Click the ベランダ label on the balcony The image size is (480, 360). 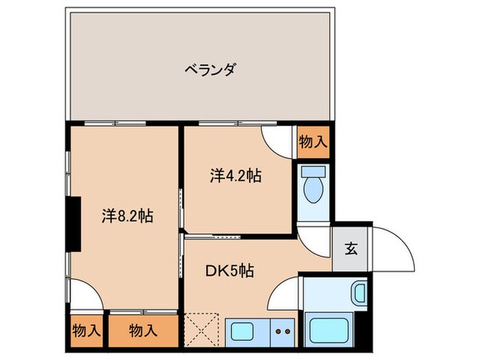pyautogui.click(x=210, y=69)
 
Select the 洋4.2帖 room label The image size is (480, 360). pyautogui.click(x=235, y=176)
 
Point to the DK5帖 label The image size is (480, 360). pyautogui.click(x=229, y=270)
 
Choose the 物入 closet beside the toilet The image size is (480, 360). pyautogui.click(x=313, y=142)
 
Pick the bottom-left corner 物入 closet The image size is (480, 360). pyautogui.click(x=86, y=329)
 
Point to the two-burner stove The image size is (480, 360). pyautogui.click(x=283, y=331)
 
